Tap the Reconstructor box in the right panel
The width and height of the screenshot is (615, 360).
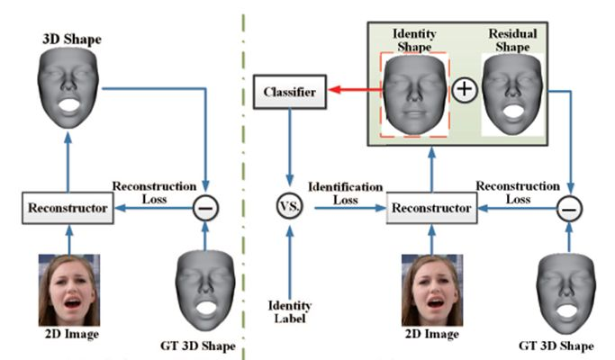(430, 208)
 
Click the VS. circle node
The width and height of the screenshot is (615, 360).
(290, 208)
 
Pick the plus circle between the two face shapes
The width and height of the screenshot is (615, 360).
(463, 92)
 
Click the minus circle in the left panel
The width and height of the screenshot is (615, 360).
(205, 208)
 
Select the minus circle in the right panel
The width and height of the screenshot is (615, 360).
(569, 208)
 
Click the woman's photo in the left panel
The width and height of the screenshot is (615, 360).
(68, 290)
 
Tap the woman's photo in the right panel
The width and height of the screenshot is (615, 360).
(431, 290)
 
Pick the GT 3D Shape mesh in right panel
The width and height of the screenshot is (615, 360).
(569, 292)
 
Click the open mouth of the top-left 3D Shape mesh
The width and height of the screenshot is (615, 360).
(68, 105)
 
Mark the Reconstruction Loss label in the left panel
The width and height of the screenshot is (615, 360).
(154, 192)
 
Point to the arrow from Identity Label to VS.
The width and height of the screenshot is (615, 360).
(290, 257)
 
